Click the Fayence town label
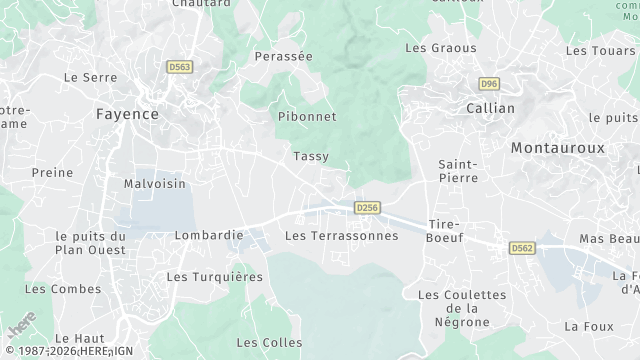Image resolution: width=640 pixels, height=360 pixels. click(127, 114)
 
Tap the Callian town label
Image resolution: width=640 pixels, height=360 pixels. click(490, 108)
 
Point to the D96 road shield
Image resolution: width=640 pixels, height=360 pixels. click(489, 84)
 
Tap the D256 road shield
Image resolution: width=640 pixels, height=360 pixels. click(367, 207)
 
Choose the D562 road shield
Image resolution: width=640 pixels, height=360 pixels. click(521, 247)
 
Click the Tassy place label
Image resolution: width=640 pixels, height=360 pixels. click(311, 156)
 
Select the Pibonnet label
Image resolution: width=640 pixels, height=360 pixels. click(306, 116)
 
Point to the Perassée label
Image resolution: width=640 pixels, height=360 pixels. click(284, 57)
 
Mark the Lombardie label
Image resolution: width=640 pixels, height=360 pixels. click(209, 235)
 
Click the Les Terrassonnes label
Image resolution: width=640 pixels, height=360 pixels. click(341, 236)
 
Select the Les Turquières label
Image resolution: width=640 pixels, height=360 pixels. click(214, 276)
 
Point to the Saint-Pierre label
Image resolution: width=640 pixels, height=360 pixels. click(458, 170)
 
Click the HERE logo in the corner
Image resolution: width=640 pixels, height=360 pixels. click(19, 328)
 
